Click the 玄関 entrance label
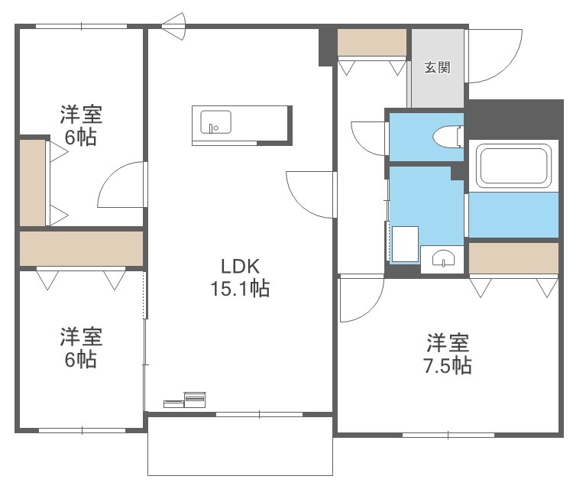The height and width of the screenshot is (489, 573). coord(437,67)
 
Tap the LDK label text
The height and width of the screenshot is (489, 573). coord(240,267)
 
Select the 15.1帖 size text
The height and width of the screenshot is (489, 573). coord(240,288)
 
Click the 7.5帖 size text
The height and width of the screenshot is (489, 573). coord(448,365)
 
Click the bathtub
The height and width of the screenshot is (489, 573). coord(514,166)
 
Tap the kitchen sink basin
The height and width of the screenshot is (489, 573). coord(215,122)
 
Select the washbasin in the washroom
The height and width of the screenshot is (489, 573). coord(443,259)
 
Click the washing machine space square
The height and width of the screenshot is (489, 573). coord(405,244)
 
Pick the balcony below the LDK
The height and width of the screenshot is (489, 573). coord(240,446)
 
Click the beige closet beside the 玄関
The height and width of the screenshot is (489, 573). coord(371,42)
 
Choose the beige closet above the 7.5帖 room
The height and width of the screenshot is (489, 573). coord(513,258)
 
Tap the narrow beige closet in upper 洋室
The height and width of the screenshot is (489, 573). coord(33,183)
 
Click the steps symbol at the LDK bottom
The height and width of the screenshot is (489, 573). coord(185,400)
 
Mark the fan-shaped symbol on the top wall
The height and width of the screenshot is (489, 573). coord(175,26)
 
